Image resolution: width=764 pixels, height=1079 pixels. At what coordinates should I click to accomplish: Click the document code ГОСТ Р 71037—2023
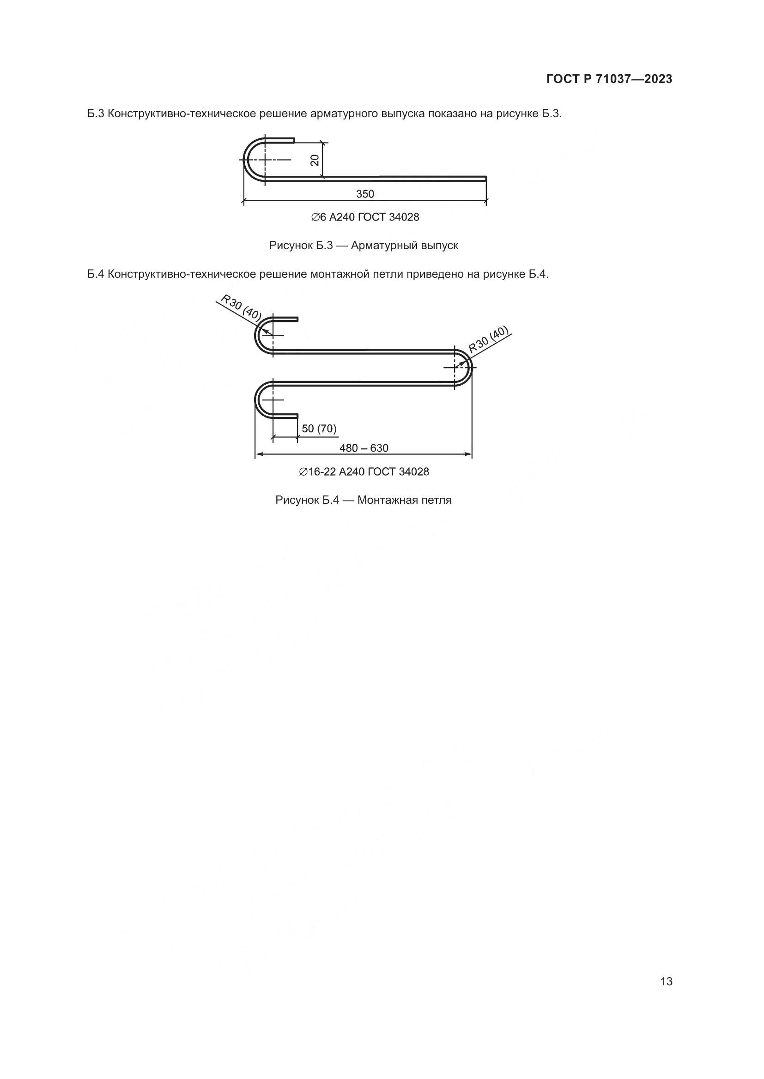pos(609,79)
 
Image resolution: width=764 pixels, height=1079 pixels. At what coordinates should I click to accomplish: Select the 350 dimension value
pos(365,194)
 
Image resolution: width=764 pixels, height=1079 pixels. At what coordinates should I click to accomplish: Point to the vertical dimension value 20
pos(315,160)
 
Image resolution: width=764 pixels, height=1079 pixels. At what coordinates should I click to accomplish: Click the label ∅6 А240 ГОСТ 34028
pos(365,217)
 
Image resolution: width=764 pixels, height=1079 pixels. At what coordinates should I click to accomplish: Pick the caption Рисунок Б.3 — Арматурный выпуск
pos(363,245)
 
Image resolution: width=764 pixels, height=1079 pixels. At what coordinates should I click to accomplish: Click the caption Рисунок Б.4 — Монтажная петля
pos(363,500)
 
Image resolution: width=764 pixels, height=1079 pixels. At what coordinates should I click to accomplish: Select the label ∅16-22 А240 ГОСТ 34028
pos(364,471)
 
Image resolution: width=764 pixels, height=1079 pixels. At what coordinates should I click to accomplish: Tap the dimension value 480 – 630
pos(364,448)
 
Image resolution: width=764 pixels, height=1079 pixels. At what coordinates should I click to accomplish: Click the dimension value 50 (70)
pos(319,428)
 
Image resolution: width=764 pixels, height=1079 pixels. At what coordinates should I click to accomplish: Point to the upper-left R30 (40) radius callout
pos(241,308)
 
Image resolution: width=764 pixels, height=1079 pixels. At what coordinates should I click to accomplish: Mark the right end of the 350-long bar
pos(485,178)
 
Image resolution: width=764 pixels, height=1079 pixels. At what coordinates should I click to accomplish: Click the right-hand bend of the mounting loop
pos(469,367)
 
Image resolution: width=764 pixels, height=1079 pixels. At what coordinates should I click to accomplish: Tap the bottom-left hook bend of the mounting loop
pos(258,400)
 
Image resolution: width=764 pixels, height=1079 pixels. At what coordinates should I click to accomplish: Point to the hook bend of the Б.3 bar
pos(246,160)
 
